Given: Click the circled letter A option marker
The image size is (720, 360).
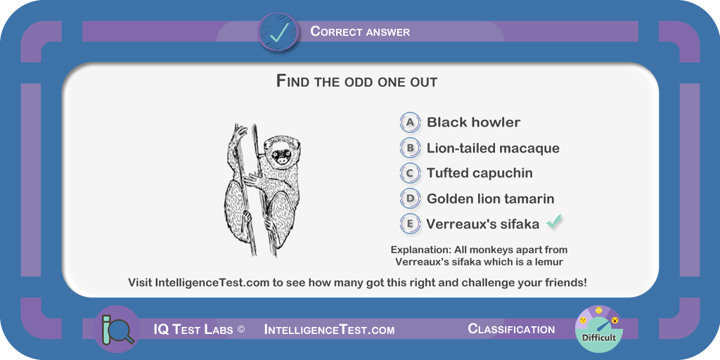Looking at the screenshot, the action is (410, 122).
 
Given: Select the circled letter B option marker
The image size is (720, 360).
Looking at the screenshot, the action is (410, 148).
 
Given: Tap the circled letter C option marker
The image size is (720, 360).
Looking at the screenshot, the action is (410, 173).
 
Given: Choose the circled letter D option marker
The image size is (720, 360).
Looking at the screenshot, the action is (410, 199).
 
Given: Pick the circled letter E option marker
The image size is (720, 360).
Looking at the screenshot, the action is (410, 224).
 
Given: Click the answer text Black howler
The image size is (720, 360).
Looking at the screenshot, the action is (473, 122).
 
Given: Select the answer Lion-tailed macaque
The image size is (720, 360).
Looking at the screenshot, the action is (493, 148).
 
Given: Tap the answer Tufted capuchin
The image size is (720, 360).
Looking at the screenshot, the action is (480, 173).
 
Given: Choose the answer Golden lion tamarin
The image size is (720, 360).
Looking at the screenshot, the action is (490, 199).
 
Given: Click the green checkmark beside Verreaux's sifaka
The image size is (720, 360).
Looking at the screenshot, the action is (554, 222).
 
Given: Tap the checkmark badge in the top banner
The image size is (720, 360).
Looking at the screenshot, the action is (278, 32).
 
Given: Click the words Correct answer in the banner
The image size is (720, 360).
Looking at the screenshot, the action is (360, 32).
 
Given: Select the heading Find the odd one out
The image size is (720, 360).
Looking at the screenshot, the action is (356, 82).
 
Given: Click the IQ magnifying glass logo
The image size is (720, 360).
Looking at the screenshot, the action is (117, 329).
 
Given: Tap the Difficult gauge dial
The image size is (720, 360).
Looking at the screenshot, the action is (599, 329).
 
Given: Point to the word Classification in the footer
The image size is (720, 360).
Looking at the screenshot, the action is (511, 329).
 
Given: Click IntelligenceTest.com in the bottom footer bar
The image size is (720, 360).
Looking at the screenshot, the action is (329, 330).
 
